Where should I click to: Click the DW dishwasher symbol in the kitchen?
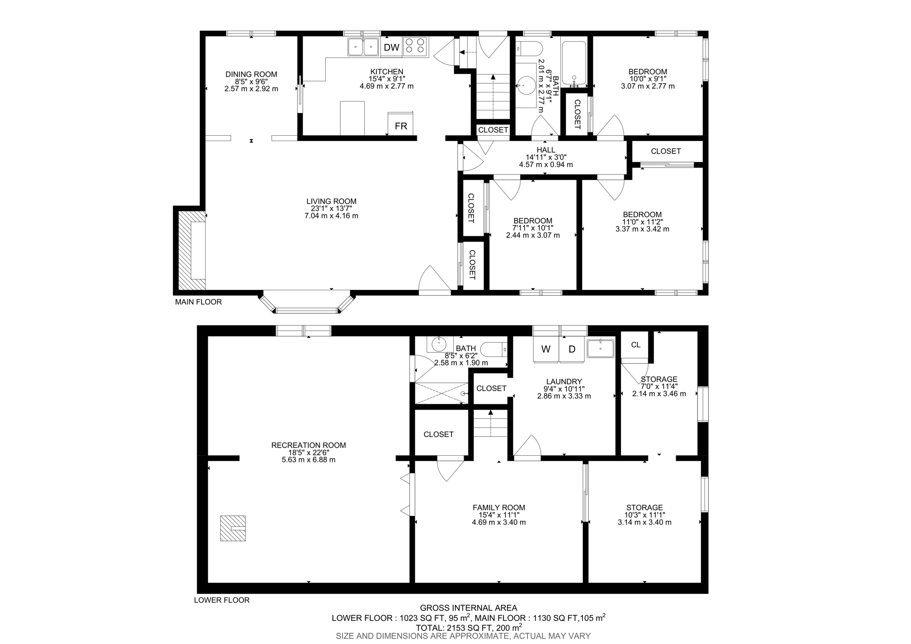coord(391,47)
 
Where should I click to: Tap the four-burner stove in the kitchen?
coord(415,46)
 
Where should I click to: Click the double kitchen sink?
coord(363,47)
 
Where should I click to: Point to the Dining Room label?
coord(251,74)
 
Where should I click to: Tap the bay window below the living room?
coord(307,309)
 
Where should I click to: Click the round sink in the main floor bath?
coord(527,85)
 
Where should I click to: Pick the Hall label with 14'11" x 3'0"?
coord(546,150)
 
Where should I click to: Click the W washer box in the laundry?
coord(545,349)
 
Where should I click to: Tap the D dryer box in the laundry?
coord(572,349)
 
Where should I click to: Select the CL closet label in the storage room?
coord(636,345)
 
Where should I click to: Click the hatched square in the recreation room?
coord(233,528)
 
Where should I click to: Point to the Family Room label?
coord(499,507)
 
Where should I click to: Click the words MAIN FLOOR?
coord(198,302)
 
